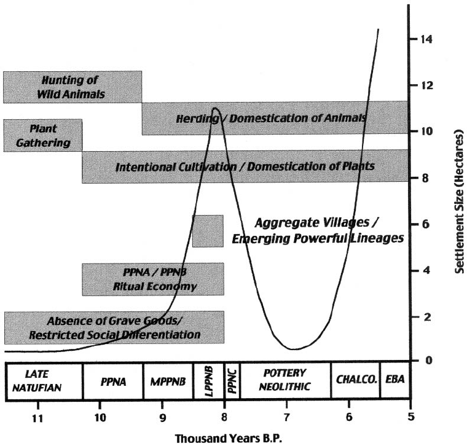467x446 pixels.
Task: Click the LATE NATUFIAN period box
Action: pos(43,381)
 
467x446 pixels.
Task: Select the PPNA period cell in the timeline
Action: pos(112,381)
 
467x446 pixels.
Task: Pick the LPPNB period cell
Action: pos(208,381)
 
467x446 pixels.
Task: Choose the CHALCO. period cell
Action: pos(355,381)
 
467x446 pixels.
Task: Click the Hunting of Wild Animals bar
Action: pos(73,87)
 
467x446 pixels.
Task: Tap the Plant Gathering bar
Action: pos(42,135)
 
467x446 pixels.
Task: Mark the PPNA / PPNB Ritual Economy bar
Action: pos(152,280)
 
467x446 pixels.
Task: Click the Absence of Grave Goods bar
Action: pos(114,327)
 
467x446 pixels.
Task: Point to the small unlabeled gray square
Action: pos(208,231)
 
